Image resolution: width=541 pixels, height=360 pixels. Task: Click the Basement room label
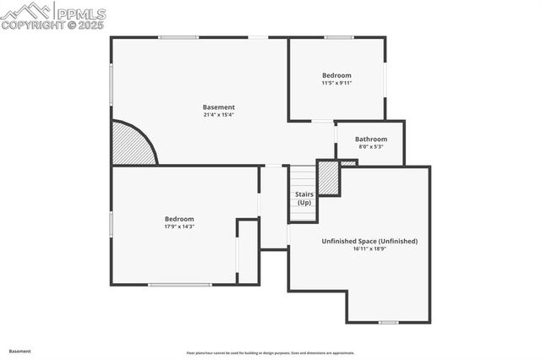coord(218,107)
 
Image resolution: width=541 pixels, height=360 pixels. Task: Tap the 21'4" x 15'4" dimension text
coord(218,115)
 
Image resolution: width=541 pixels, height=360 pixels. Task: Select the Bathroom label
coord(371,139)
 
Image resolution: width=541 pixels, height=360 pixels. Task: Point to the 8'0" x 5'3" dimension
coord(371,146)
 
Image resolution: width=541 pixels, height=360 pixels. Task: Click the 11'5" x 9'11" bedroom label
coord(336,75)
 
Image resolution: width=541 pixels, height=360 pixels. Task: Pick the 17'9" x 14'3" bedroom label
coord(179,219)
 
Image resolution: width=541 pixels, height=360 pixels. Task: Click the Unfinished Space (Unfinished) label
coord(369,241)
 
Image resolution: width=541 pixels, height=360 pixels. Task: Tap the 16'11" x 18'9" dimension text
coord(369,248)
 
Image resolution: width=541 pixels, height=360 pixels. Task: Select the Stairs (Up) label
coord(303,199)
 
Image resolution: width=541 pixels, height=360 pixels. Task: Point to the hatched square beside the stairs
coord(328,177)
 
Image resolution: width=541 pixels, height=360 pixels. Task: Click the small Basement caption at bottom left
coord(20,350)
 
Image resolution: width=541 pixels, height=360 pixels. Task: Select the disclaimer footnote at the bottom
coord(270,352)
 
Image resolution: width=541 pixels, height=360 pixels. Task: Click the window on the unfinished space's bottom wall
coord(389,322)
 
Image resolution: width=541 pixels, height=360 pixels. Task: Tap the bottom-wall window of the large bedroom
coord(179,285)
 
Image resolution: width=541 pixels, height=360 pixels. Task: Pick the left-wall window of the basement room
coord(111,85)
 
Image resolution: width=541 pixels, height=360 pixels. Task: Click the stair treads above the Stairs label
coord(303,177)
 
